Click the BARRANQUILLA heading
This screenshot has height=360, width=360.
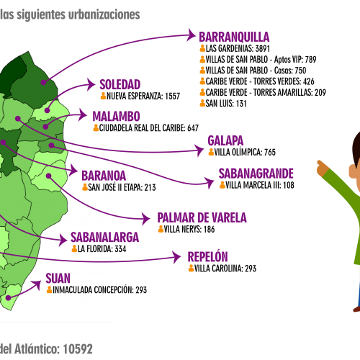234,37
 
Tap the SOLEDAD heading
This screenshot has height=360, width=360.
120,84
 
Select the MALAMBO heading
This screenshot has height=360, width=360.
117,117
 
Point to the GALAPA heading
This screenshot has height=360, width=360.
225,140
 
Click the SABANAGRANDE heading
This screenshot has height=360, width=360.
256,174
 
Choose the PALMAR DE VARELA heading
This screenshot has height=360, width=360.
202,217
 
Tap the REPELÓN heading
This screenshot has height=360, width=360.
207,256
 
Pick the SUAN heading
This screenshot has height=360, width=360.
58,279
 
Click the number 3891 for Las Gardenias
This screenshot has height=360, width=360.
263,48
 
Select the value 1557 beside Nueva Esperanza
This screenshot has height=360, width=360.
172,96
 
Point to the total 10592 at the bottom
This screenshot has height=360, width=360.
78,349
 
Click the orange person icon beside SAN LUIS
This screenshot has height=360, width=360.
202,103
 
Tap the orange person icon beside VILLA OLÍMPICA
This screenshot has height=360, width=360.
211,152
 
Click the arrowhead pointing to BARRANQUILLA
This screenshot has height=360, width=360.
192,35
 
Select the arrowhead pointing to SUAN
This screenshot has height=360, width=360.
37,285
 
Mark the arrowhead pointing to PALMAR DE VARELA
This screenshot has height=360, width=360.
146,219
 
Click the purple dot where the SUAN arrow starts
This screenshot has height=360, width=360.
9,298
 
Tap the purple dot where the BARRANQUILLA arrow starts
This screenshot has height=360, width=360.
43,82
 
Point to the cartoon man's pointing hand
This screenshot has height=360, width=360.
323,168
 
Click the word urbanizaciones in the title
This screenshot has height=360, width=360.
104,14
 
